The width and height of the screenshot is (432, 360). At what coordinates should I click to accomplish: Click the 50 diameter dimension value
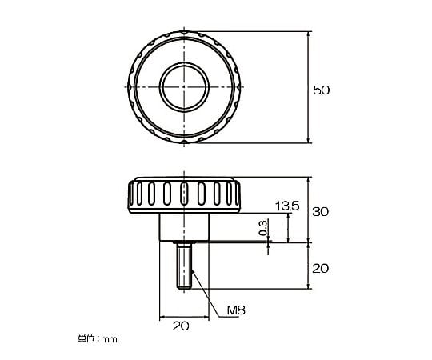click(322, 90)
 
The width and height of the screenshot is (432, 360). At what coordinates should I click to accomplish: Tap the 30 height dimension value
click(321, 212)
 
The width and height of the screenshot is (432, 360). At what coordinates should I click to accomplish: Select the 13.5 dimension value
click(287, 206)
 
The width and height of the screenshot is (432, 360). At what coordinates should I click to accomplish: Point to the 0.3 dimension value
click(263, 228)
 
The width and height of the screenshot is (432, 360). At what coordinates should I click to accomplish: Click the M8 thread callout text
click(236, 310)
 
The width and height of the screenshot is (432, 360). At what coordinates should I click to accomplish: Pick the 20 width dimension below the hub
click(181, 326)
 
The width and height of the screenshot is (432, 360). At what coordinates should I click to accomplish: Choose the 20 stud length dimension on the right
click(320, 268)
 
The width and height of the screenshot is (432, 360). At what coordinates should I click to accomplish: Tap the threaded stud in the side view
click(184, 266)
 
